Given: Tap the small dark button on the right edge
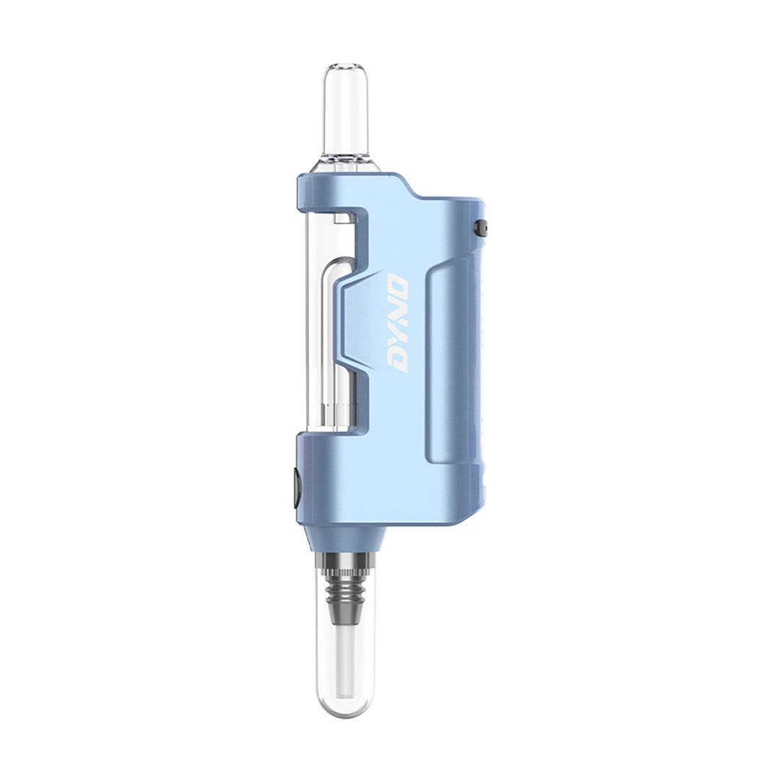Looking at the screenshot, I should tap(480, 227).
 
